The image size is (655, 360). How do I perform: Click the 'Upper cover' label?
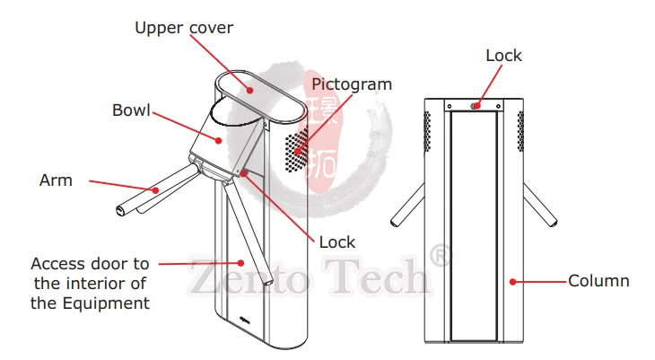click(183, 28)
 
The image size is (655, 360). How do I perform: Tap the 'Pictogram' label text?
click(352, 84)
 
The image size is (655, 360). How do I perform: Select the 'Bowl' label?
click(130, 111)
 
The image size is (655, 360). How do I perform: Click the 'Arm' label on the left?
click(56, 180)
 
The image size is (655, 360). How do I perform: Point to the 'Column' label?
click(598, 281)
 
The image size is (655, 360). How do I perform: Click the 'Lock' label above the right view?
click(503, 56)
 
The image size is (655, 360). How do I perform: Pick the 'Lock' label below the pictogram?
click(337, 241)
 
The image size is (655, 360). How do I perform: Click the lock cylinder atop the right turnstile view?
click(476, 106)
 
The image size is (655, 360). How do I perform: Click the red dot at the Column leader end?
click(512, 281)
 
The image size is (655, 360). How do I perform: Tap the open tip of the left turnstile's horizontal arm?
click(120, 211)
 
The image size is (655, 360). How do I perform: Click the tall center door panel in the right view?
click(474, 224)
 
